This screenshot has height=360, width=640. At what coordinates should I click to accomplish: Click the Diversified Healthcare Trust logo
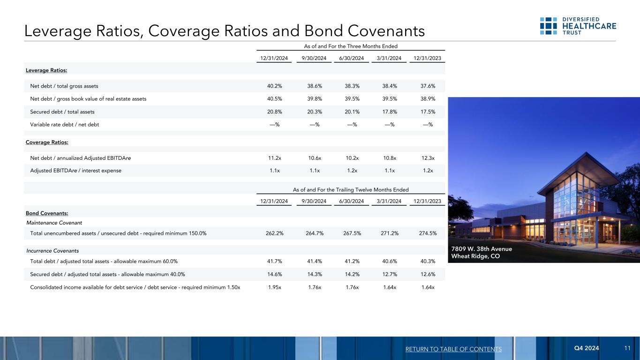578,26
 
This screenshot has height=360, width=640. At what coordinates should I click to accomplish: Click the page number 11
627,348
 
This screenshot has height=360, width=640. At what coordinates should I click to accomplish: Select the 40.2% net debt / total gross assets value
274,86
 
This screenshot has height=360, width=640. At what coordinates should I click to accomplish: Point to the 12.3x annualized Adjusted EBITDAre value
428,158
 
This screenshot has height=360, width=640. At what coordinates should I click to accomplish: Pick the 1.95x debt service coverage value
274,287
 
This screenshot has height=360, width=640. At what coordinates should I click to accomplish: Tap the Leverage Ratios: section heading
46,70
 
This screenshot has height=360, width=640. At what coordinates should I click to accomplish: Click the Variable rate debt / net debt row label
65,125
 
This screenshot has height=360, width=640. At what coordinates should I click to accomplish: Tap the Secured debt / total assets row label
62,112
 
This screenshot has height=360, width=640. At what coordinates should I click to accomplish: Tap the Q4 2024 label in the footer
587,348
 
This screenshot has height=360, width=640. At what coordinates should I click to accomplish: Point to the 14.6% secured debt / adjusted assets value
274,275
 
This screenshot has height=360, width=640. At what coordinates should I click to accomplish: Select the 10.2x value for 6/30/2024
351,158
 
